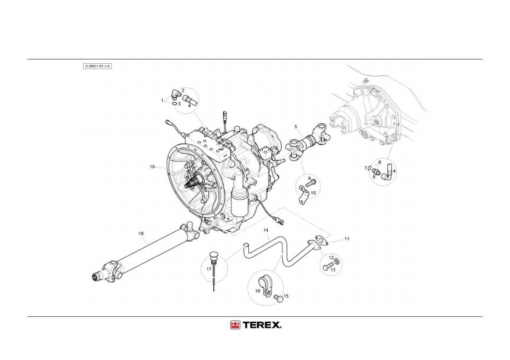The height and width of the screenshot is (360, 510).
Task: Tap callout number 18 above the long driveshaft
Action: tap(140, 233)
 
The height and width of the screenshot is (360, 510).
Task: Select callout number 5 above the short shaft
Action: tap(296, 126)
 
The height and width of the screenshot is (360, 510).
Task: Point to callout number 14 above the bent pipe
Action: tap(265, 231)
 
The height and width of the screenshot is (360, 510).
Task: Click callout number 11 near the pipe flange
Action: tap(347, 239)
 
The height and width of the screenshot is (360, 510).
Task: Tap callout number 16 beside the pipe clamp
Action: tap(257, 291)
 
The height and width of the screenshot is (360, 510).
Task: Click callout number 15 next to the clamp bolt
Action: tap(286, 296)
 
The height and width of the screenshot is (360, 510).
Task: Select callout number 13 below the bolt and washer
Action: tap(332, 270)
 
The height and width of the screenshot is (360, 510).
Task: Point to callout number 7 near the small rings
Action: tap(366, 168)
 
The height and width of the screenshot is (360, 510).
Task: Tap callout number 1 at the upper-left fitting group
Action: tap(162, 100)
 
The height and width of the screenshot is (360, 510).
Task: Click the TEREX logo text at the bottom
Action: tap(262, 325)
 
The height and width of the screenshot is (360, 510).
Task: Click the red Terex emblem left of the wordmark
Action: tap(234, 325)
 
